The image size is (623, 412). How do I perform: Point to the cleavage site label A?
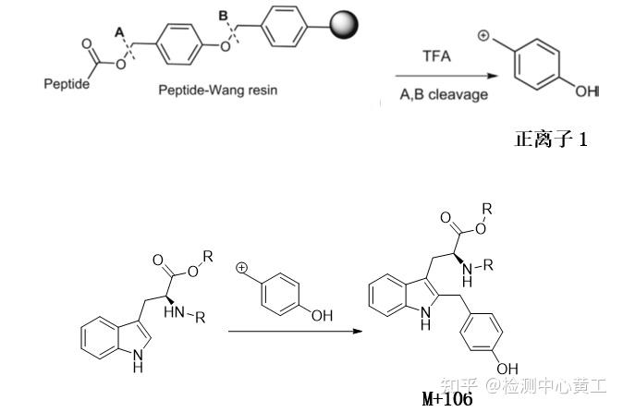coord(117,30)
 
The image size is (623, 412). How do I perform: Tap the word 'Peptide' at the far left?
coord(67,85)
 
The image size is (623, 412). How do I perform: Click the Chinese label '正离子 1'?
coord(551,140)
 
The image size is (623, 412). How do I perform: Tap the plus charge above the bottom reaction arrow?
coord(243,270)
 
